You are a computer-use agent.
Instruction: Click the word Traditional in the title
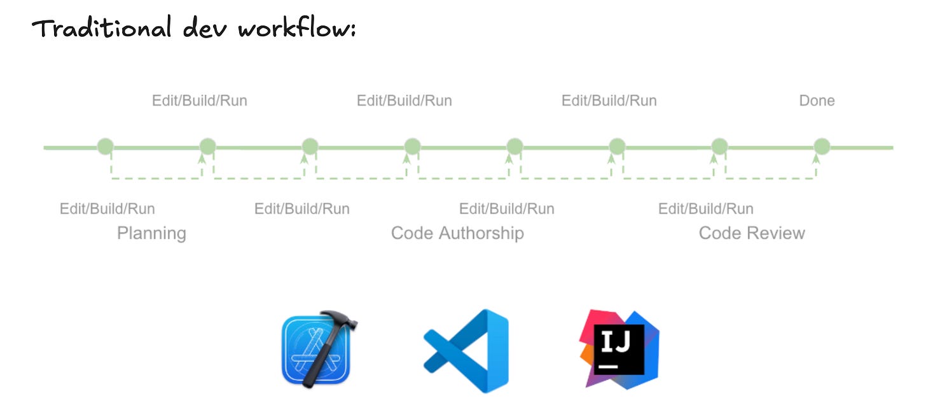click(101, 29)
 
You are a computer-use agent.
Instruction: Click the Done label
click(817, 100)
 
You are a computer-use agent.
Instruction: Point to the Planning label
click(151, 233)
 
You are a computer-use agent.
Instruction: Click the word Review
click(775, 233)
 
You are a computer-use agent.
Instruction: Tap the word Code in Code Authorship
click(411, 233)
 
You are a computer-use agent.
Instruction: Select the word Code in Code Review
click(719, 233)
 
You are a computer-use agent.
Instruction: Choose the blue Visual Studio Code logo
click(466, 351)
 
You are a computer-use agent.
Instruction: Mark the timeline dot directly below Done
click(822, 147)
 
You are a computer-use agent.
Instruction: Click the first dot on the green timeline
click(105, 147)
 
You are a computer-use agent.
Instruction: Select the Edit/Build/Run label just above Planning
click(107, 208)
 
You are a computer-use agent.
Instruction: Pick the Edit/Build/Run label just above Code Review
click(705, 208)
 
